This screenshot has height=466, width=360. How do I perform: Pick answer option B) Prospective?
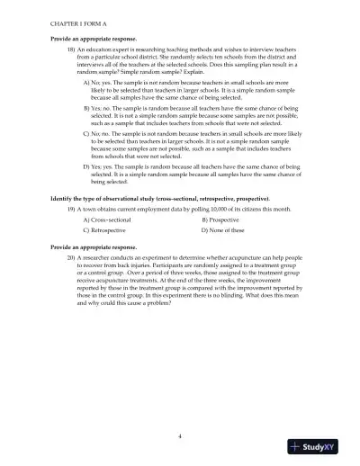coord(227,219)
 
